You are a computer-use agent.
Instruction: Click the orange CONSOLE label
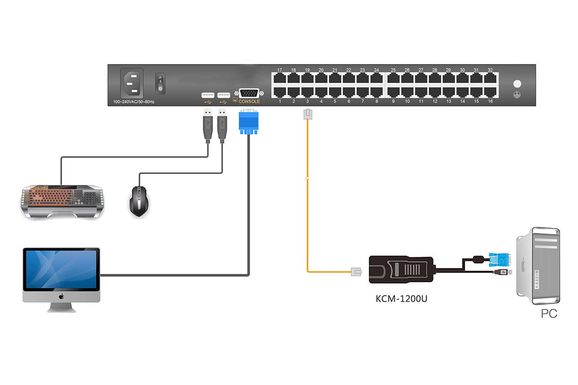249,102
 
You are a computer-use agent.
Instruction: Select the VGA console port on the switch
249,93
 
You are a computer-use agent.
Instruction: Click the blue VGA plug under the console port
249,122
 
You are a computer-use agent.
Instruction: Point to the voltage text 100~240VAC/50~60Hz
134,102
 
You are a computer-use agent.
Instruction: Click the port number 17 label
279,70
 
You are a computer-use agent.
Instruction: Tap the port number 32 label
490,70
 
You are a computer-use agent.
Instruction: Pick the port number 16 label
490,102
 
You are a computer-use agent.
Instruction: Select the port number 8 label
377,102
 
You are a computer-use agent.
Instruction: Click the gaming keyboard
62,200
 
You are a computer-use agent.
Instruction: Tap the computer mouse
139,201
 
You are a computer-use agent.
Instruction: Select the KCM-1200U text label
401,299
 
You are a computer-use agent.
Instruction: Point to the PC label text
549,314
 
